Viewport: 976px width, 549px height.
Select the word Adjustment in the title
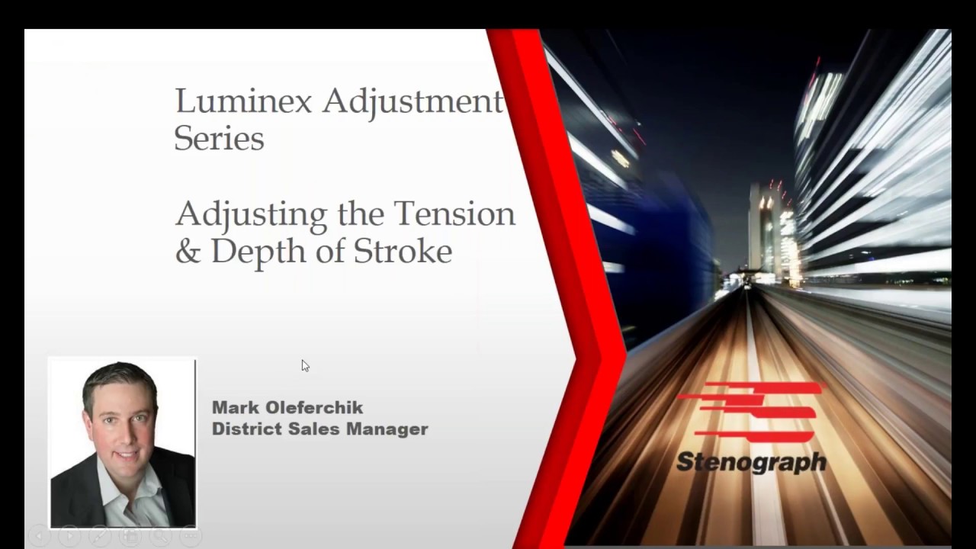pyautogui.click(x=413, y=101)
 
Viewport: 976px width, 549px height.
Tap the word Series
pyautogui.click(x=219, y=139)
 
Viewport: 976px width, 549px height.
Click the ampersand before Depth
pyautogui.click(x=187, y=251)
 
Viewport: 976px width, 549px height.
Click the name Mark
pyautogui.click(x=234, y=408)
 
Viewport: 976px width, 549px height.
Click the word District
pyautogui.click(x=246, y=429)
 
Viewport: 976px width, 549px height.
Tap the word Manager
pyautogui.click(x=387, y=429)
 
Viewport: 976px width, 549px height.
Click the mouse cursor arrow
pyautogui.click(x=304, y=366)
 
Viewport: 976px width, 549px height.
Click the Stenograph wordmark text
pyautogui.click(x=751, y=462)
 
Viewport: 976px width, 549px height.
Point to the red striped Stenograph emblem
pyautogui.click(x=751, y=413)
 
